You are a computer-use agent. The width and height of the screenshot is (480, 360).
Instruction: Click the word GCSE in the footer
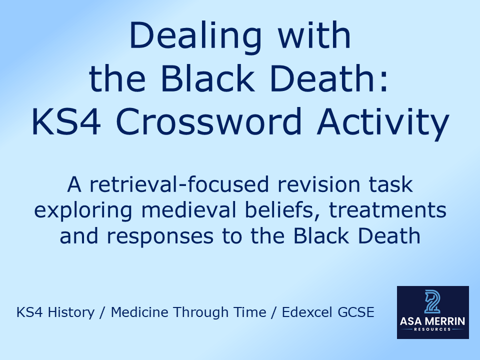click(358, 312)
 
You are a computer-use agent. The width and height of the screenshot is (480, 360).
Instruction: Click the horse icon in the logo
click(433, 302)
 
